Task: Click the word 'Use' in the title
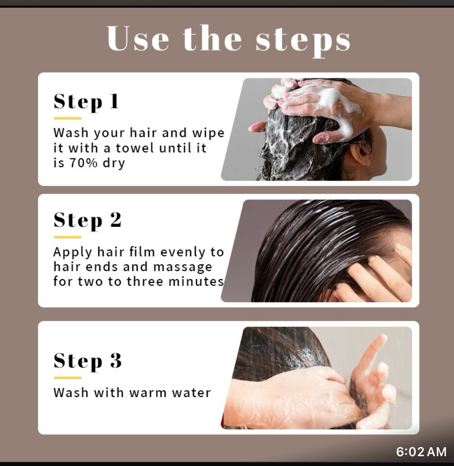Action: pos(138,38)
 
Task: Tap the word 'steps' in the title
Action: pos(303,39)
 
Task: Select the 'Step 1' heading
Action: pos(86,102)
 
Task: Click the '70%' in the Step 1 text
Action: pos(83,163)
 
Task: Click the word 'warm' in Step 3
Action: pos(147,392)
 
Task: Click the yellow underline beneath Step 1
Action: pos(68,119)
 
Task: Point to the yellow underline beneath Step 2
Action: pos(68,237)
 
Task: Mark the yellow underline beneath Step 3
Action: pos(68,378)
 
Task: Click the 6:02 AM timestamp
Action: pos(421,452)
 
